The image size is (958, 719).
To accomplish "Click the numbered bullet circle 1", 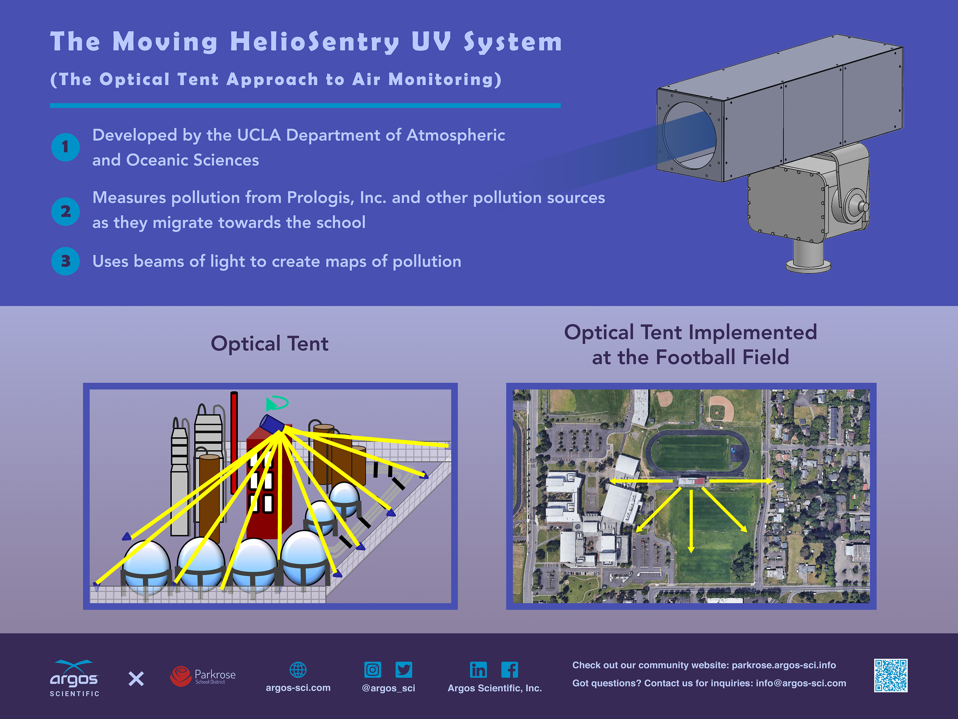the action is click(65, 147).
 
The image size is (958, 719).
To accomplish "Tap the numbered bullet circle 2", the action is click(65, 211).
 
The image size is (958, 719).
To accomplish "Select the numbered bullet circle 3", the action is click(65, 261).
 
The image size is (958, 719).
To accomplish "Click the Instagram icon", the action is click(373, 669).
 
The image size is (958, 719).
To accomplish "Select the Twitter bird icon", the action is click(404, 669).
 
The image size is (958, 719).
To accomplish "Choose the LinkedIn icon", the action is click(478, 669).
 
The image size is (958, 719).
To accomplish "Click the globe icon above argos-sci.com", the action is click(298, 669).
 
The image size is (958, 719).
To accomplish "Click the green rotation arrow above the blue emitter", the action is click(276, 403).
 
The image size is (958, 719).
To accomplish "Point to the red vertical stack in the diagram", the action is click(234, 442).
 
